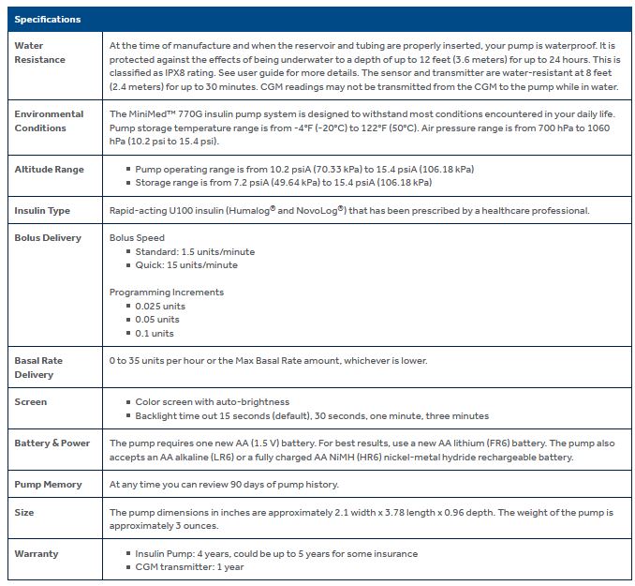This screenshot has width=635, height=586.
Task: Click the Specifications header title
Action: [x=48, y=19]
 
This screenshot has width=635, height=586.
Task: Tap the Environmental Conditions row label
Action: [x=49, y=120]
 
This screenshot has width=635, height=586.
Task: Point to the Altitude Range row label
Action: [x=49, y=169]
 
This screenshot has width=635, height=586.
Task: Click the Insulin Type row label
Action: [x=42, y=210]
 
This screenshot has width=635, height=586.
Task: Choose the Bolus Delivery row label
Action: [x=48, y=238]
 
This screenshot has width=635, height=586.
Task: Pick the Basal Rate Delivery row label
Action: [x=38, y=367]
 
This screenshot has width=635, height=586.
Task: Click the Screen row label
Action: [x=31, y=401]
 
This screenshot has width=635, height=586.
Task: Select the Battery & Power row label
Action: [x=52, y=443]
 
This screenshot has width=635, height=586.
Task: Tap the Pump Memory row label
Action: [x=48, y=484]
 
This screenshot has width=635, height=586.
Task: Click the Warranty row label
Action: [x=37, y=553]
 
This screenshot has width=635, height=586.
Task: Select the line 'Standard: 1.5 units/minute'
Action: [x=195, y=251]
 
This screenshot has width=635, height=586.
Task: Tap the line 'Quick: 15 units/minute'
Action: [x=186, y=265]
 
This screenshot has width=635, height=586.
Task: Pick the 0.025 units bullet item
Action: [x=160, y=306]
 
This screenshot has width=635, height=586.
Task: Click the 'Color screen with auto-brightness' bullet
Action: [x=213, y=401]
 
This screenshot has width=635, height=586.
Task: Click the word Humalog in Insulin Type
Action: [x=289, y=210]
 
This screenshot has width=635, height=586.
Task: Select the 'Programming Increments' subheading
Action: [x=167, y=293]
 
